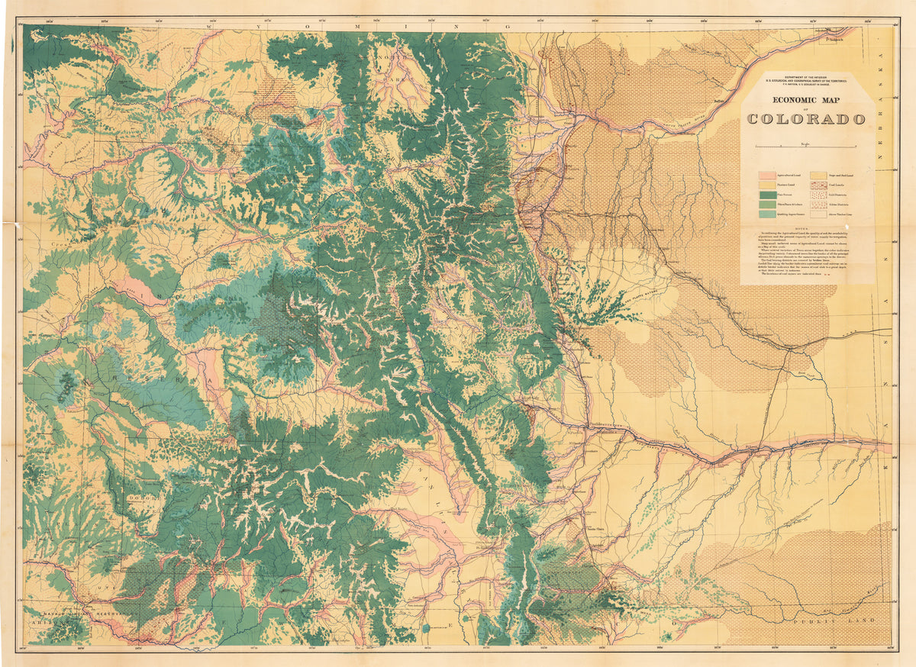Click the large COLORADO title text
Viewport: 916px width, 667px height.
tap(806, 119)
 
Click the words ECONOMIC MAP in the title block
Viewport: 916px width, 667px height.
tap(806, 100)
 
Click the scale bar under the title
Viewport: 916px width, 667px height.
tap(806, 144)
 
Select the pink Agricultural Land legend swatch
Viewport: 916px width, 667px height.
tap(768, 176)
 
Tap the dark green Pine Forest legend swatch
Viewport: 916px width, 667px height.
tap(768, 195)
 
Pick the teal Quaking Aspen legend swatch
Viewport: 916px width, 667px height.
tap(768, 214)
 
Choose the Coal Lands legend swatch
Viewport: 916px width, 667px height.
tap(818, 185)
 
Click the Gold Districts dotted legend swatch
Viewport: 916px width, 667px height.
tap(818, 195)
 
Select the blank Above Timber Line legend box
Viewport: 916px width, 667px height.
tap(818, 214)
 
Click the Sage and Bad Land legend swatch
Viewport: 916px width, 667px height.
tap(818, 176)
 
